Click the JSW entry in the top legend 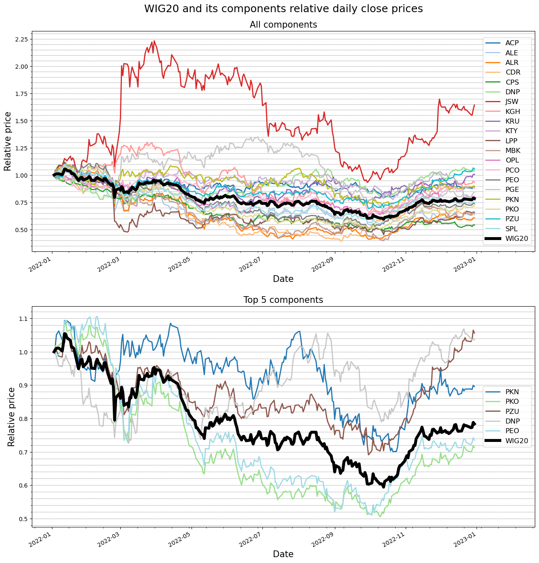[x=512, y=102]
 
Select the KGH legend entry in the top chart [x=512, y=111]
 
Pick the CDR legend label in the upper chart [x=513, y=72]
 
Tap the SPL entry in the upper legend [x=511, y=229]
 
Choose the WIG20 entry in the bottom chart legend [x=516, y=441]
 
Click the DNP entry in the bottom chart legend [x=512, y=421]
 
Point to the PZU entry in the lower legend [x=512, y=411]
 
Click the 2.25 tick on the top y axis [x=21, y=39]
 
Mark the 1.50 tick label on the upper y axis [x=21, y=121]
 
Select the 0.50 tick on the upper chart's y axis [x=21, y=230]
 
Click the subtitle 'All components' [x=283, y=25]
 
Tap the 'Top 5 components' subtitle [x=283, y=300]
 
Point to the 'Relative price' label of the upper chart [x=8, y=141]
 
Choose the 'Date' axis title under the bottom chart [x=283, y=554]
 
